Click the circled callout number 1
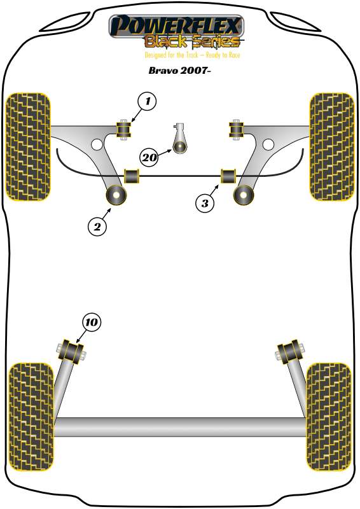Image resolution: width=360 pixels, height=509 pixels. [147, 101]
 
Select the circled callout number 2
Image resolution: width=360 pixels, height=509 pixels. [97, 227]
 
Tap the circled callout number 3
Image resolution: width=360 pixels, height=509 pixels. [205, 203]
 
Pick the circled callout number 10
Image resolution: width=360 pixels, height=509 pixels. [92, 323]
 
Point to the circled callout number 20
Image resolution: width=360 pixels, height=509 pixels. [149, 157]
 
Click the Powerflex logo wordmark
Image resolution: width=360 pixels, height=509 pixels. [176, 25]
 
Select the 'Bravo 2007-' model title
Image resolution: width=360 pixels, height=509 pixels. [179, 71]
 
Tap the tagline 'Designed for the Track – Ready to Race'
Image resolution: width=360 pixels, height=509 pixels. [192, 55]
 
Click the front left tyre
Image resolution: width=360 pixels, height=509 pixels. [28, 147]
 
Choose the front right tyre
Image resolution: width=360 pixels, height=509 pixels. [332, 147]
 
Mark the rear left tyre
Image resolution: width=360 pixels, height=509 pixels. [31, 417]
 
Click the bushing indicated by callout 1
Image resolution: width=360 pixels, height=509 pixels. [123, 130]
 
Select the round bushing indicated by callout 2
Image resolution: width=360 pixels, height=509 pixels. [116, 195]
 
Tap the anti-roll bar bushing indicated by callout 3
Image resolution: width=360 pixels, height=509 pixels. [228, 176]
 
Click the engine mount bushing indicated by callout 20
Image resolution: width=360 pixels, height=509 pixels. [179, 147]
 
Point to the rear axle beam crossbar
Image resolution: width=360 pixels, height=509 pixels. [180, 427]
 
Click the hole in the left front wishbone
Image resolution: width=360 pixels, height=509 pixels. [97, 144]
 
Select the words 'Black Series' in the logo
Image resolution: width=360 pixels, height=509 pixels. [192, 41]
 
